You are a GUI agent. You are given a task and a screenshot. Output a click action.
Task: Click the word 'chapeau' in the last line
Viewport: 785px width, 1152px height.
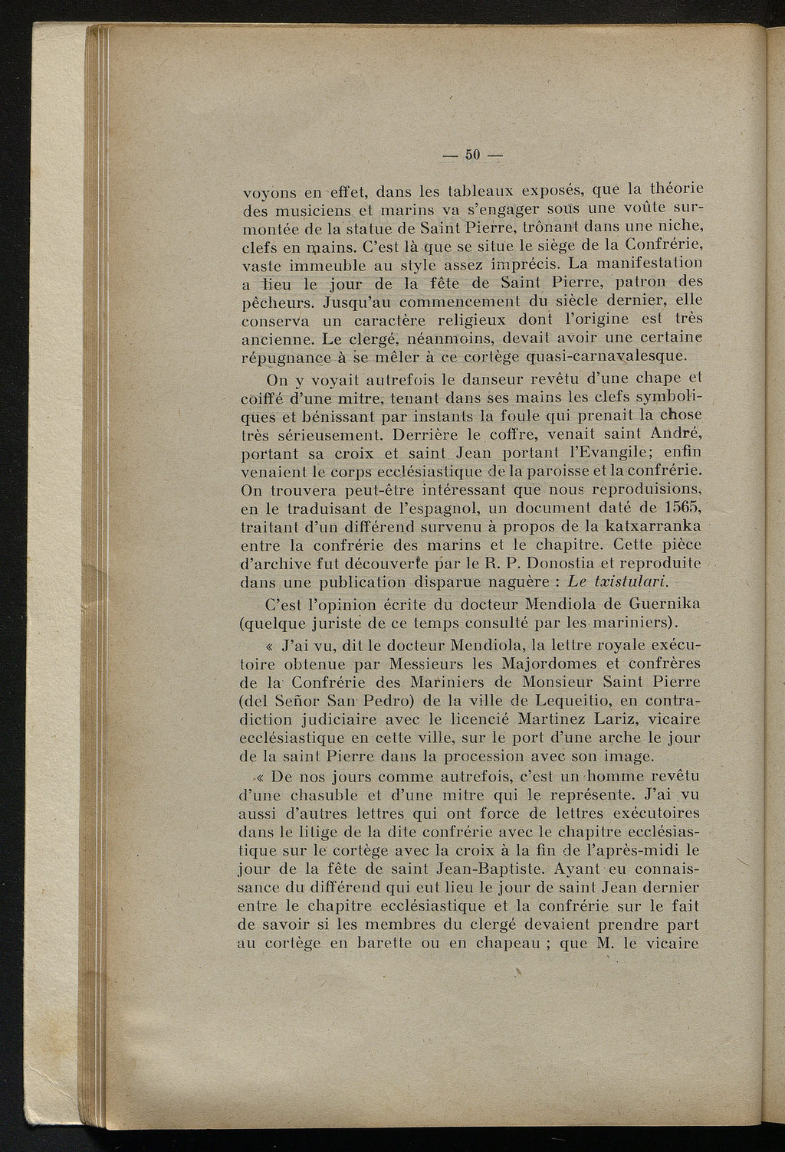click(x=506, y=944)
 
